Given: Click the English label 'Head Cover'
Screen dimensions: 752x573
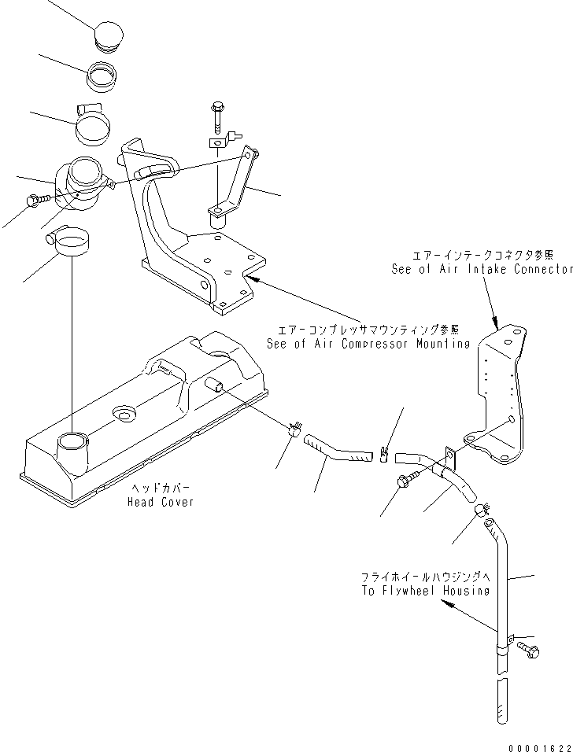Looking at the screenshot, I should (160, 502).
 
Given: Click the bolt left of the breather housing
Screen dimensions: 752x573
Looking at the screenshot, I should (35, 201).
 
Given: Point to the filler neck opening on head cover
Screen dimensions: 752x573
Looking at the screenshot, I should (72, 441).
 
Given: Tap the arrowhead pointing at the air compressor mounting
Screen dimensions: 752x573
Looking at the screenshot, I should (251, 278).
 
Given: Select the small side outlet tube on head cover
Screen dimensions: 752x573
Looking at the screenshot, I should (214, 385).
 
